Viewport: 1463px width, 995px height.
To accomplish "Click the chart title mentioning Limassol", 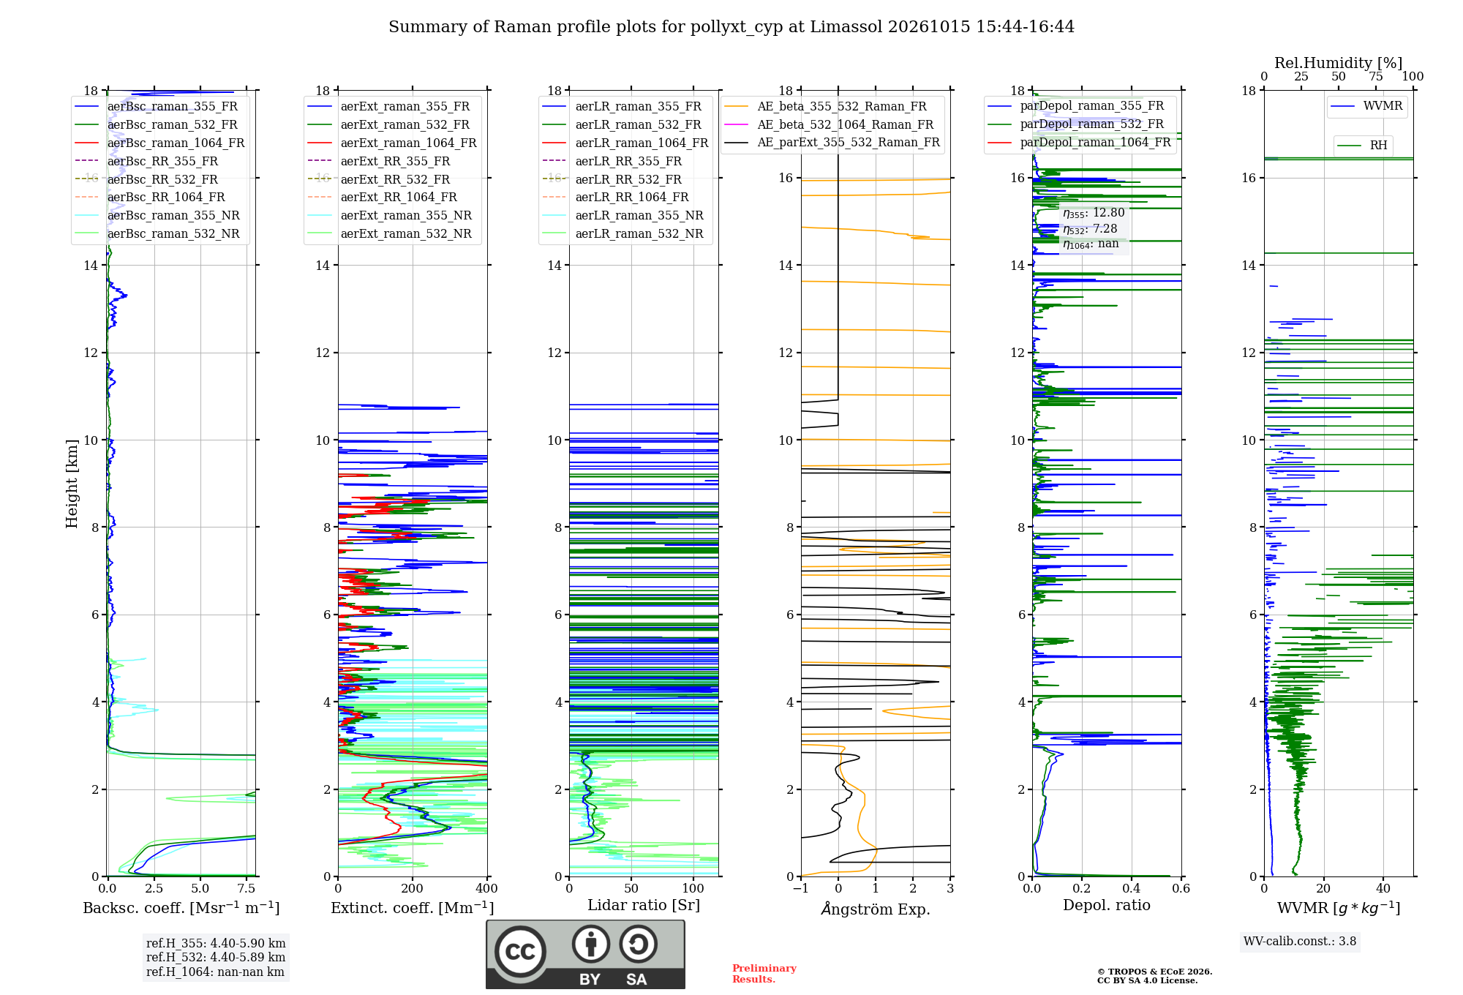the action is tap(731, 27).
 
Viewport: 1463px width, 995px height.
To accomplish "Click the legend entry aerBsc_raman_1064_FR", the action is tap(159, 143).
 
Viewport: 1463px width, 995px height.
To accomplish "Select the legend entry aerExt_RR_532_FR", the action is tap(379, 179).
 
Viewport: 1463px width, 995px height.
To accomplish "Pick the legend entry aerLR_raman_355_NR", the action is tap(623, 215).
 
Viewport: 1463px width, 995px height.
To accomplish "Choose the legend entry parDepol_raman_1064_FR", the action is tap(1080, 142).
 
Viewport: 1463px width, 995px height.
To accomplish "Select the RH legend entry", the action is tap(1363, 146).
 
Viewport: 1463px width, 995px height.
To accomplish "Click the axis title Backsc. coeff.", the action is tap(181, 908).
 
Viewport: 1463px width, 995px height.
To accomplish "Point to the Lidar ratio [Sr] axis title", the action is tap(644, 906).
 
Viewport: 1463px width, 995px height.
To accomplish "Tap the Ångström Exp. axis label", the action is tap(876, 909).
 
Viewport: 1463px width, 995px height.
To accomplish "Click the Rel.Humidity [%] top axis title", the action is tap(1339, 63).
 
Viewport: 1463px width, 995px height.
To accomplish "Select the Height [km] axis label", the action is tap(72, 484).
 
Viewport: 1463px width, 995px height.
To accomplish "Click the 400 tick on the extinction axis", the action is tap(486, 889).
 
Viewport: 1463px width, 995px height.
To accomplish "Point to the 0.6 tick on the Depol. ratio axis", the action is tap(1181, 889).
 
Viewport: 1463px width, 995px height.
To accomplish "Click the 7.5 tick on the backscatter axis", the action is tap(247, 889).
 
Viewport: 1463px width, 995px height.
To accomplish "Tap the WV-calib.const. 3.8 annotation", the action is tap(1300, 942).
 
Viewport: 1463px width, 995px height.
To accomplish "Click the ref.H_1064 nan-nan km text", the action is tap(215, 972).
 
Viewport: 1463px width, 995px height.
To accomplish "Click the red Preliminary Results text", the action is tap(764, 974).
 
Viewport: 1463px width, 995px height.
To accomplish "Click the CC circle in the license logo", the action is tap(520, 951).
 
